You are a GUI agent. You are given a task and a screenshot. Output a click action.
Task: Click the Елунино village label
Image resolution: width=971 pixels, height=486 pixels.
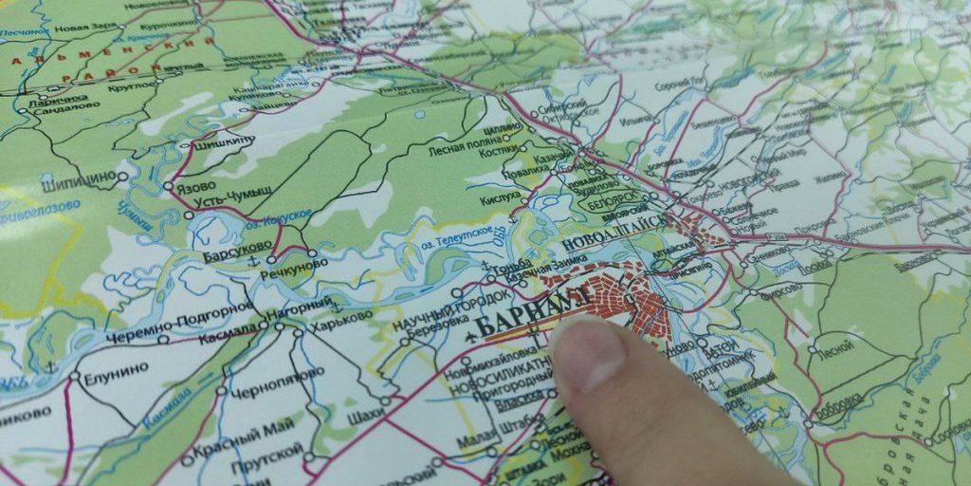[x=113, y=377]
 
